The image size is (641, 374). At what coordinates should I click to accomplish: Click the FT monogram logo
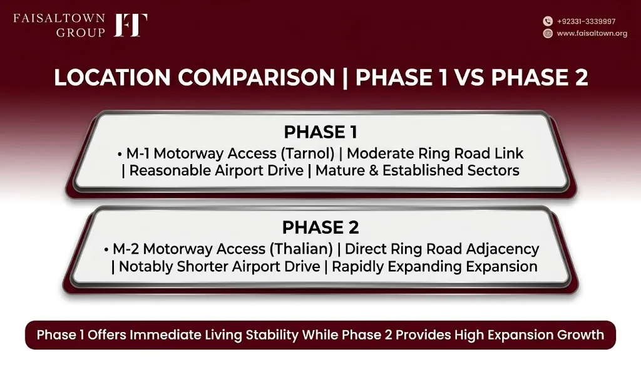[x=130, y=25]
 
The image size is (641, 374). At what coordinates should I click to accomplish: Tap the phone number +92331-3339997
[x=586, y=21]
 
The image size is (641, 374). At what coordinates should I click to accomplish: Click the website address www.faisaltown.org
[x=592, y=33]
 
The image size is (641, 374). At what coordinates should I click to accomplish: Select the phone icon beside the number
[x=548, y=21]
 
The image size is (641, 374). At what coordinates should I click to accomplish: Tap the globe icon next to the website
[x=548, y=33]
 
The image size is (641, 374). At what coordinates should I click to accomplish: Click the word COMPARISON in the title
[x=256, y=77]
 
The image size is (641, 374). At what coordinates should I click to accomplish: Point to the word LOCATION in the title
[x=112, y=77]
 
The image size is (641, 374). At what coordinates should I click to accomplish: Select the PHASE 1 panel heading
[x=320, y=132]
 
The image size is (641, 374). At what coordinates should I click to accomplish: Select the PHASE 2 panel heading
[x=320, y=227]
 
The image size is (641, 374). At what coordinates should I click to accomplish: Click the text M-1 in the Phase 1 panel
[x=138, y=153]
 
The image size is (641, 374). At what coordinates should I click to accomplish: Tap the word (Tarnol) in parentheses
[x=307, y=154]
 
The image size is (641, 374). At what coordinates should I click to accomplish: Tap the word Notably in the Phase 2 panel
[x=145, y=267]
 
